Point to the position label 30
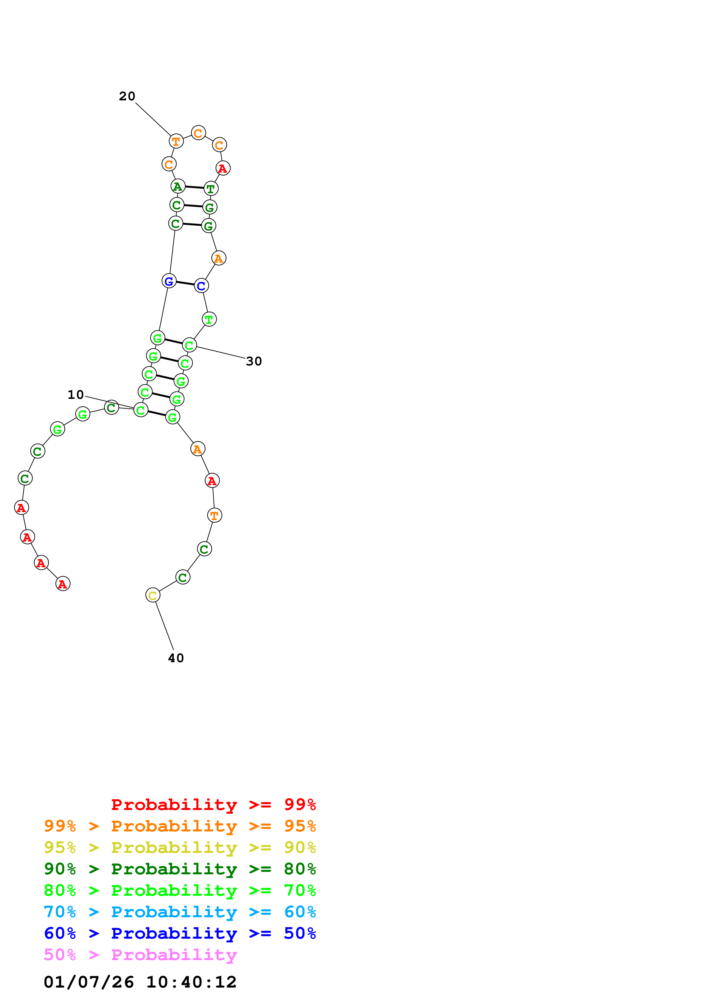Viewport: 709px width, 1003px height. (x=254, y=361)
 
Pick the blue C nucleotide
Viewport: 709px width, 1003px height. (x=201, y=286)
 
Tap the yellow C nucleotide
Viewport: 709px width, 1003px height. (x=152, y=595)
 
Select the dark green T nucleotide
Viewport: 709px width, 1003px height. (x=210, y=189)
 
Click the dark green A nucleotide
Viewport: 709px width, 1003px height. (x=177, y=186)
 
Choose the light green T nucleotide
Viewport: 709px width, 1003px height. (x=209, y=319)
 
